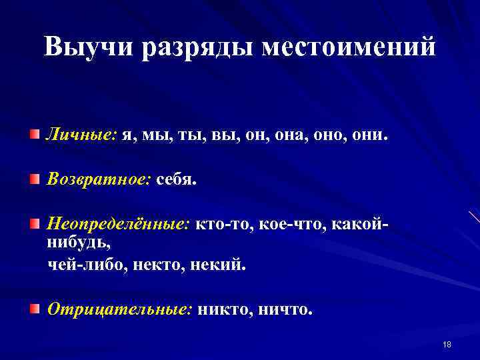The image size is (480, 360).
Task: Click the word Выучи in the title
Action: [92, 47]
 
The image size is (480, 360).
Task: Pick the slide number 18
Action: [447, 344]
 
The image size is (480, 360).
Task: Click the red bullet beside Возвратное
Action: [35, 179]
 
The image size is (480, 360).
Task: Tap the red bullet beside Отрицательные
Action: [35, 308]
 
